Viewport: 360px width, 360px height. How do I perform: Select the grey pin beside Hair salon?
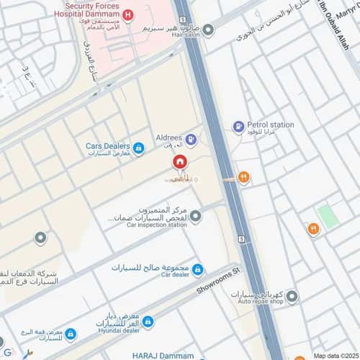click(x=208, y=30)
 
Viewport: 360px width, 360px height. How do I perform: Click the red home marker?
click(x=179, y=162)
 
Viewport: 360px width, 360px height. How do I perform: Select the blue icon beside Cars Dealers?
click(x=138, y=148)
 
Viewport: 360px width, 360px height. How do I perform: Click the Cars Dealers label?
click(x=108, y=145)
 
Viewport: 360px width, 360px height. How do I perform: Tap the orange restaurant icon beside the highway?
click(x=244, y=176)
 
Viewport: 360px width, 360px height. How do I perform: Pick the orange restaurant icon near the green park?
click(x=313, y=230)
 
